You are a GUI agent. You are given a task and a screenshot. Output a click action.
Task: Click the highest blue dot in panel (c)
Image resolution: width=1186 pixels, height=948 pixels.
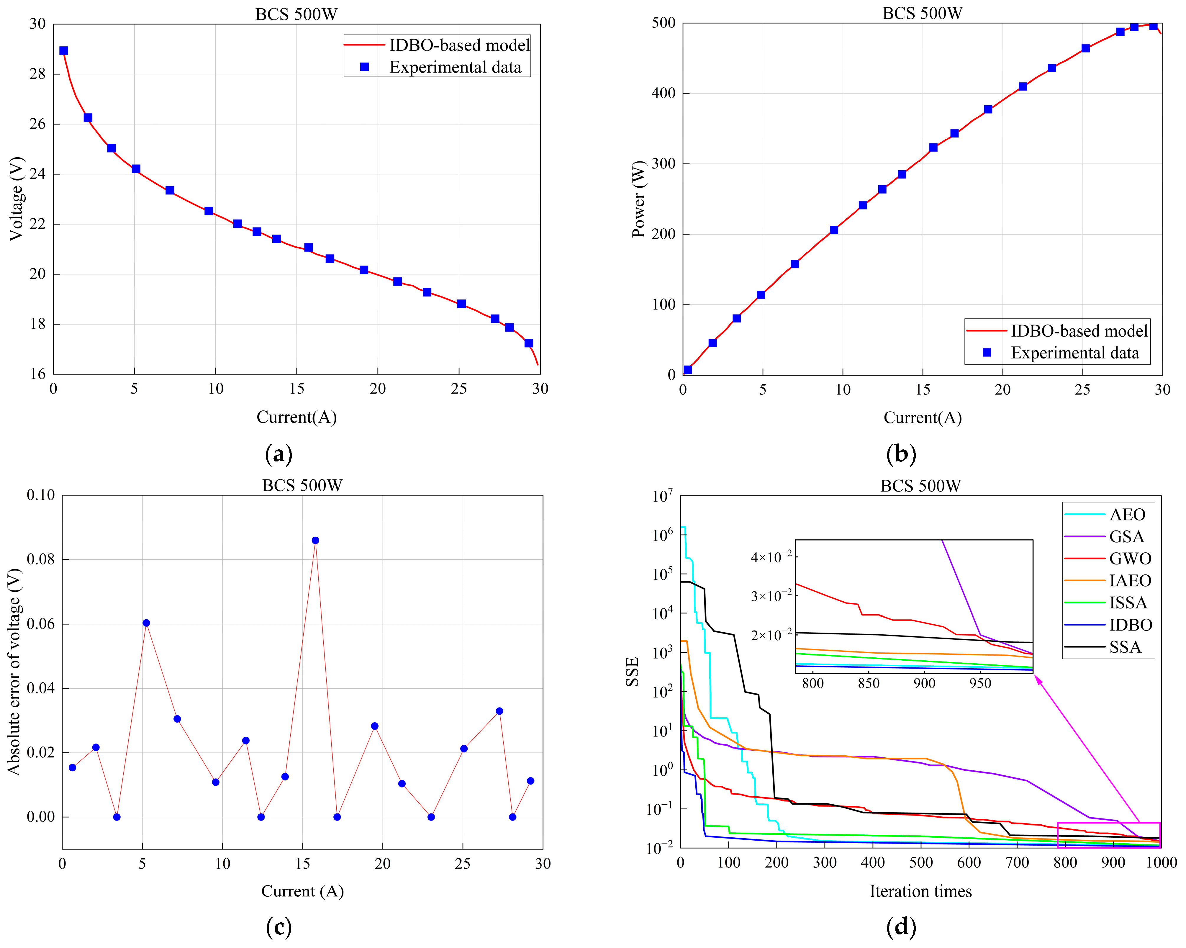(x=315, y=540)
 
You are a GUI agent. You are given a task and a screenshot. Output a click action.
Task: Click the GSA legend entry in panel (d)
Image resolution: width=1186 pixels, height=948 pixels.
(x=1127, y=536)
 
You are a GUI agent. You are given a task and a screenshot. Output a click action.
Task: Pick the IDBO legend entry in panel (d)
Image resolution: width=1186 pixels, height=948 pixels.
(x=1131, y=625)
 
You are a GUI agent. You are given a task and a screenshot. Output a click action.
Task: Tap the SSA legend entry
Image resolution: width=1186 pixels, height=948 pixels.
(x=1125, y=647)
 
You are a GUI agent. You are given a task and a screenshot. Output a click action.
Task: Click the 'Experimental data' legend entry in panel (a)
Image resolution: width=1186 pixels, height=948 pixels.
(x=455, y=67)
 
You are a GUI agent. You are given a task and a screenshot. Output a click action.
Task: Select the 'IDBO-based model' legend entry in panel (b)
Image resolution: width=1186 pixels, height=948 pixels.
(x=1079, y=331)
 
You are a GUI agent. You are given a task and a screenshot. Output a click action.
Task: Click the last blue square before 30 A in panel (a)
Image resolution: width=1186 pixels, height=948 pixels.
(x=529, y=343)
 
